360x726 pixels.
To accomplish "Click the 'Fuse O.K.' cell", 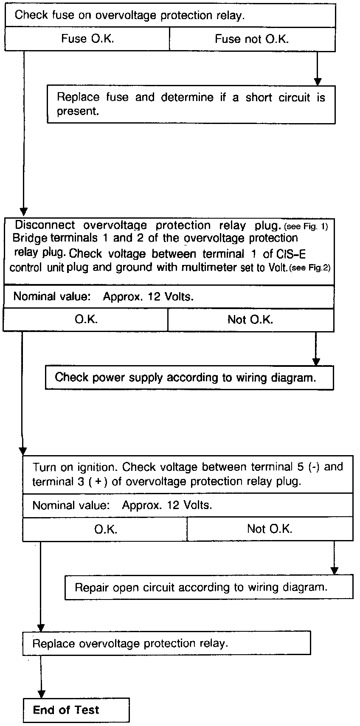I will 87,39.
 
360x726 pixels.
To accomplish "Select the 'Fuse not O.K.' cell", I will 252,39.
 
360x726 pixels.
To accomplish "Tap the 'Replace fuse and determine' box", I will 191,104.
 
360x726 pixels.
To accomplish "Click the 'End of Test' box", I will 76,710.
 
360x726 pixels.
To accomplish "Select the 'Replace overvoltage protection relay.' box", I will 166,643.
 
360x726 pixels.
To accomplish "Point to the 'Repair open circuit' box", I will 208,587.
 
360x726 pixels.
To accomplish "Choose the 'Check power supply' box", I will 189,377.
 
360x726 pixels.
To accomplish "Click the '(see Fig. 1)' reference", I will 306,226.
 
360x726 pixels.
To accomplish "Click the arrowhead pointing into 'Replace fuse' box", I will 318,82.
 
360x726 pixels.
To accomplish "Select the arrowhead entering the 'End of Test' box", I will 41,694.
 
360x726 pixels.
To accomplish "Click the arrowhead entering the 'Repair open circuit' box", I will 335,571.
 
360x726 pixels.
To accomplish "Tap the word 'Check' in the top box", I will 31,15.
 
